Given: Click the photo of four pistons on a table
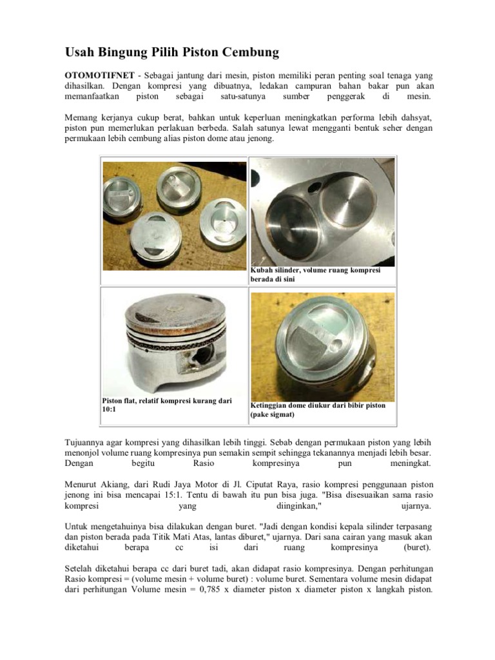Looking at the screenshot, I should [x=174, y=215].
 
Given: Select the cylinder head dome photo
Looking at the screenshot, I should [x=322, y=211].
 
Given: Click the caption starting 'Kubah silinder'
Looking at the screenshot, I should [x=315, y=275].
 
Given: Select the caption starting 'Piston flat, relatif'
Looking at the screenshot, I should [x=167, y=405].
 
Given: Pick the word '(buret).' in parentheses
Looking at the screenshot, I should [x=417, y=547].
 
